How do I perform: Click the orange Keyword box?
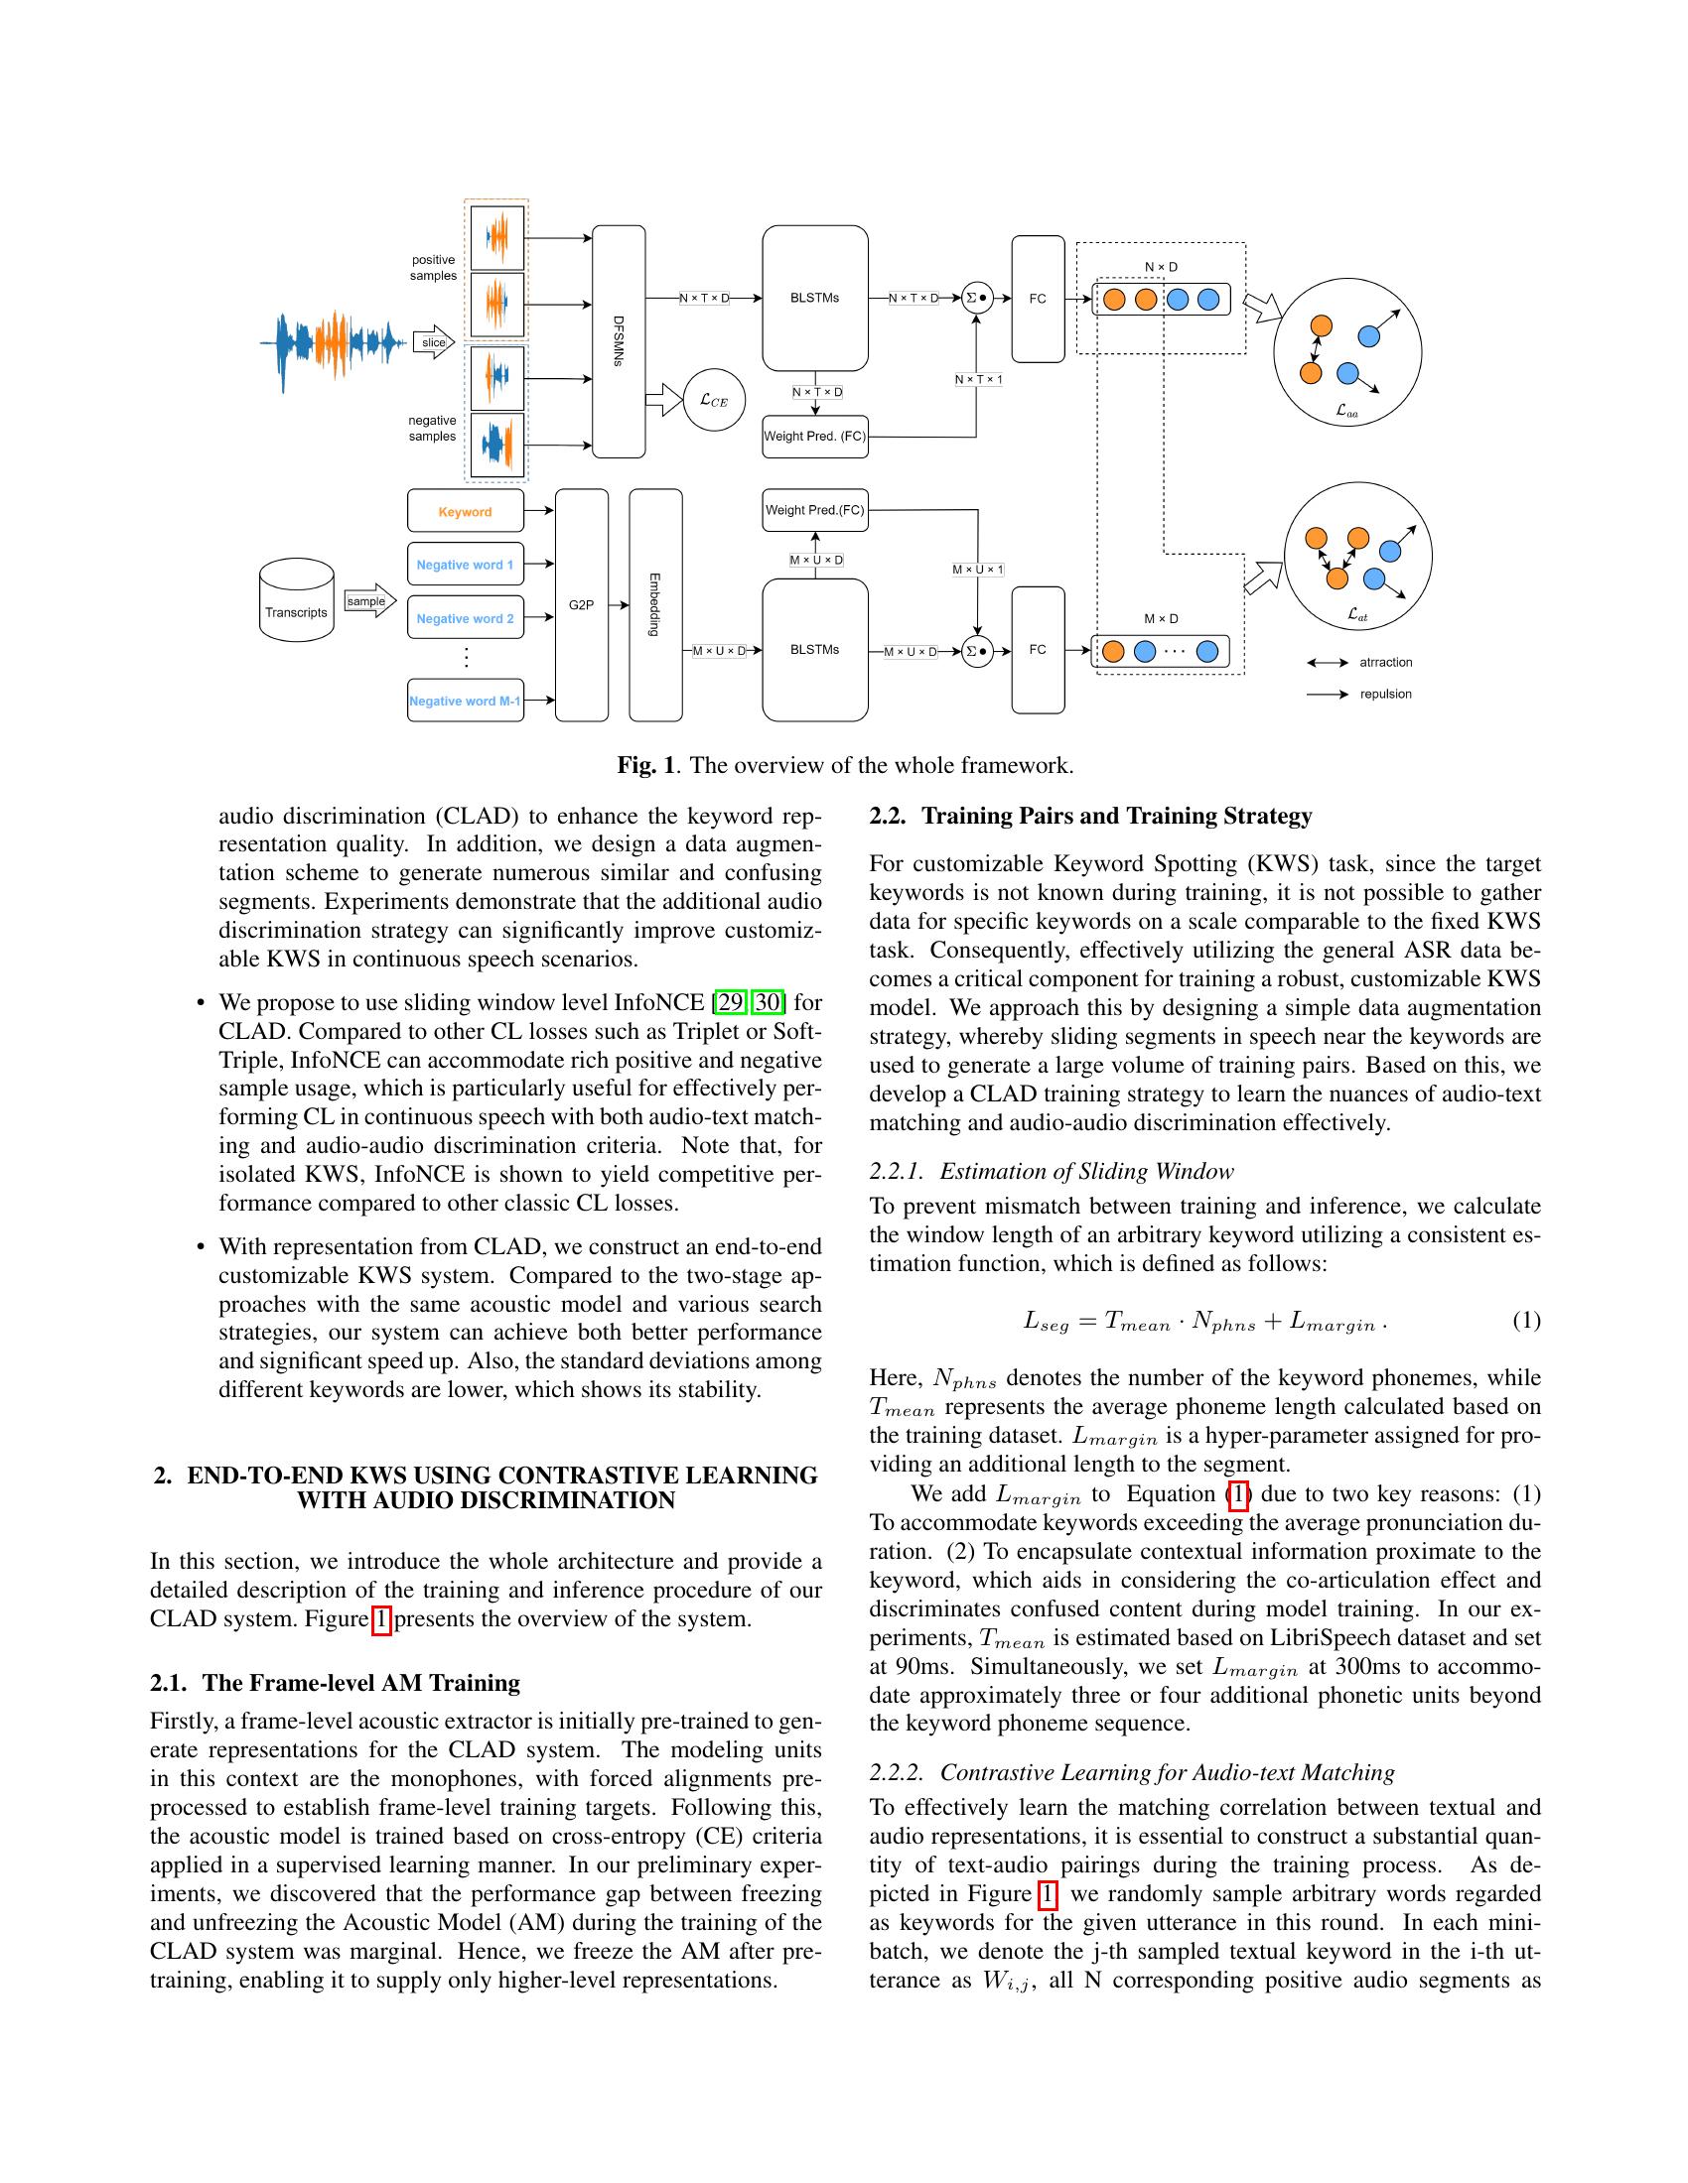pos(465,511)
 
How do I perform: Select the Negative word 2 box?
pos(465,618)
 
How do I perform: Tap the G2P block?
pos(581,604)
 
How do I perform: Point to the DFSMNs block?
pos(619,342)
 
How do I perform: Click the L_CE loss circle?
pos(713,400)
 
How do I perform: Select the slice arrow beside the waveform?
pos(434,343)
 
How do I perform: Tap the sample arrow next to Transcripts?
pos(368,600)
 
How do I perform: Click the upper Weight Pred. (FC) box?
pos(815,436)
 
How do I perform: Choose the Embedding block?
pos(655,604)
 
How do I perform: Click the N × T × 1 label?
pos(977,379)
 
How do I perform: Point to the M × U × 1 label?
pos(977,570)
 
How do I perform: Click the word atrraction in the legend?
pos(1385,662)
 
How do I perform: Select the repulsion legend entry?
pos(1385,694)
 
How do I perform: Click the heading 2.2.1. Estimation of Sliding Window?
pos(1051,1171)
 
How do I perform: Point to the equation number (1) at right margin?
pos(1525,1321)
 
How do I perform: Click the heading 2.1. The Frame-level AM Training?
pos(334,1682)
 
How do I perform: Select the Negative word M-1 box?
pos(465,701)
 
